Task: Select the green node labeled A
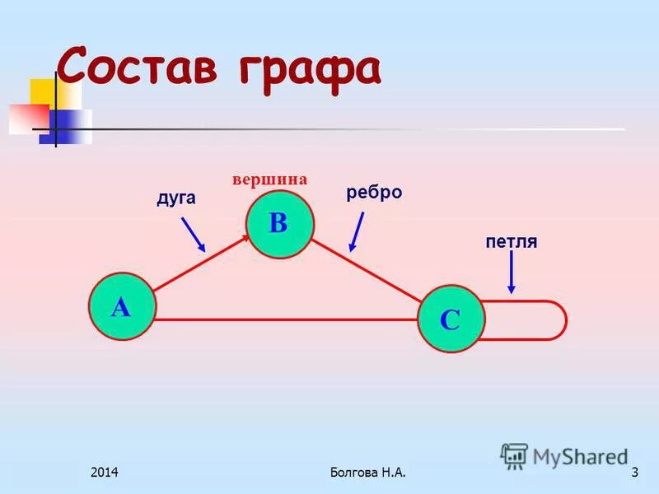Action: [x=121, y=307]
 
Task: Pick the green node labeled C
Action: [x=450, y=319]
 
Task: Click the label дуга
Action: [x=175, y=198]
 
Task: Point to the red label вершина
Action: [x=269, y=179]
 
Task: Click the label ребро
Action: [x=374, y=192]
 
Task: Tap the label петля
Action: [x=511, y=241]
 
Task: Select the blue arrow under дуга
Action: [x=193, y=234]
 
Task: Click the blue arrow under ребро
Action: [x=357, y=231]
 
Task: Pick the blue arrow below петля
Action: [x=512, y=273]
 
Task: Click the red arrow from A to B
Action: [x=202, y=259]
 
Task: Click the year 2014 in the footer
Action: [x=105, y=473]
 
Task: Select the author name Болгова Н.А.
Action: [x=367, y=473]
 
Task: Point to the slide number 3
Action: [x=634, y=473]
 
